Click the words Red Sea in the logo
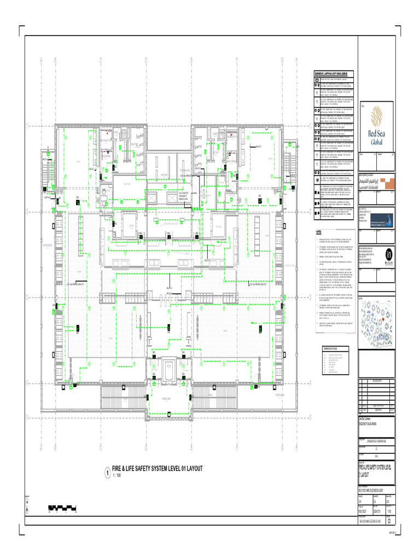coord(376,133)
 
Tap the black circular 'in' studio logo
coord(389,255)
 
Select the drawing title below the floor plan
coord(157,469)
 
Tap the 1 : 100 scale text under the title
coord(116,476)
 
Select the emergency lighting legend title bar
coord(334,74)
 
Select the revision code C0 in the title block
coord(389,521)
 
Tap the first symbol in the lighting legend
coord(317,80)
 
